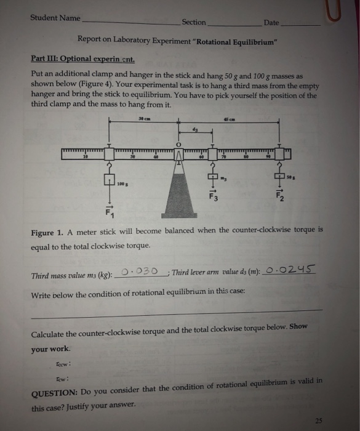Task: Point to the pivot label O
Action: coord(178,146)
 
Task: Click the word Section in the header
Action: coord(194,22)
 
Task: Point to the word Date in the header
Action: coord(271,23)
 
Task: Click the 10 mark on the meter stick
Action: coord(86,158)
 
